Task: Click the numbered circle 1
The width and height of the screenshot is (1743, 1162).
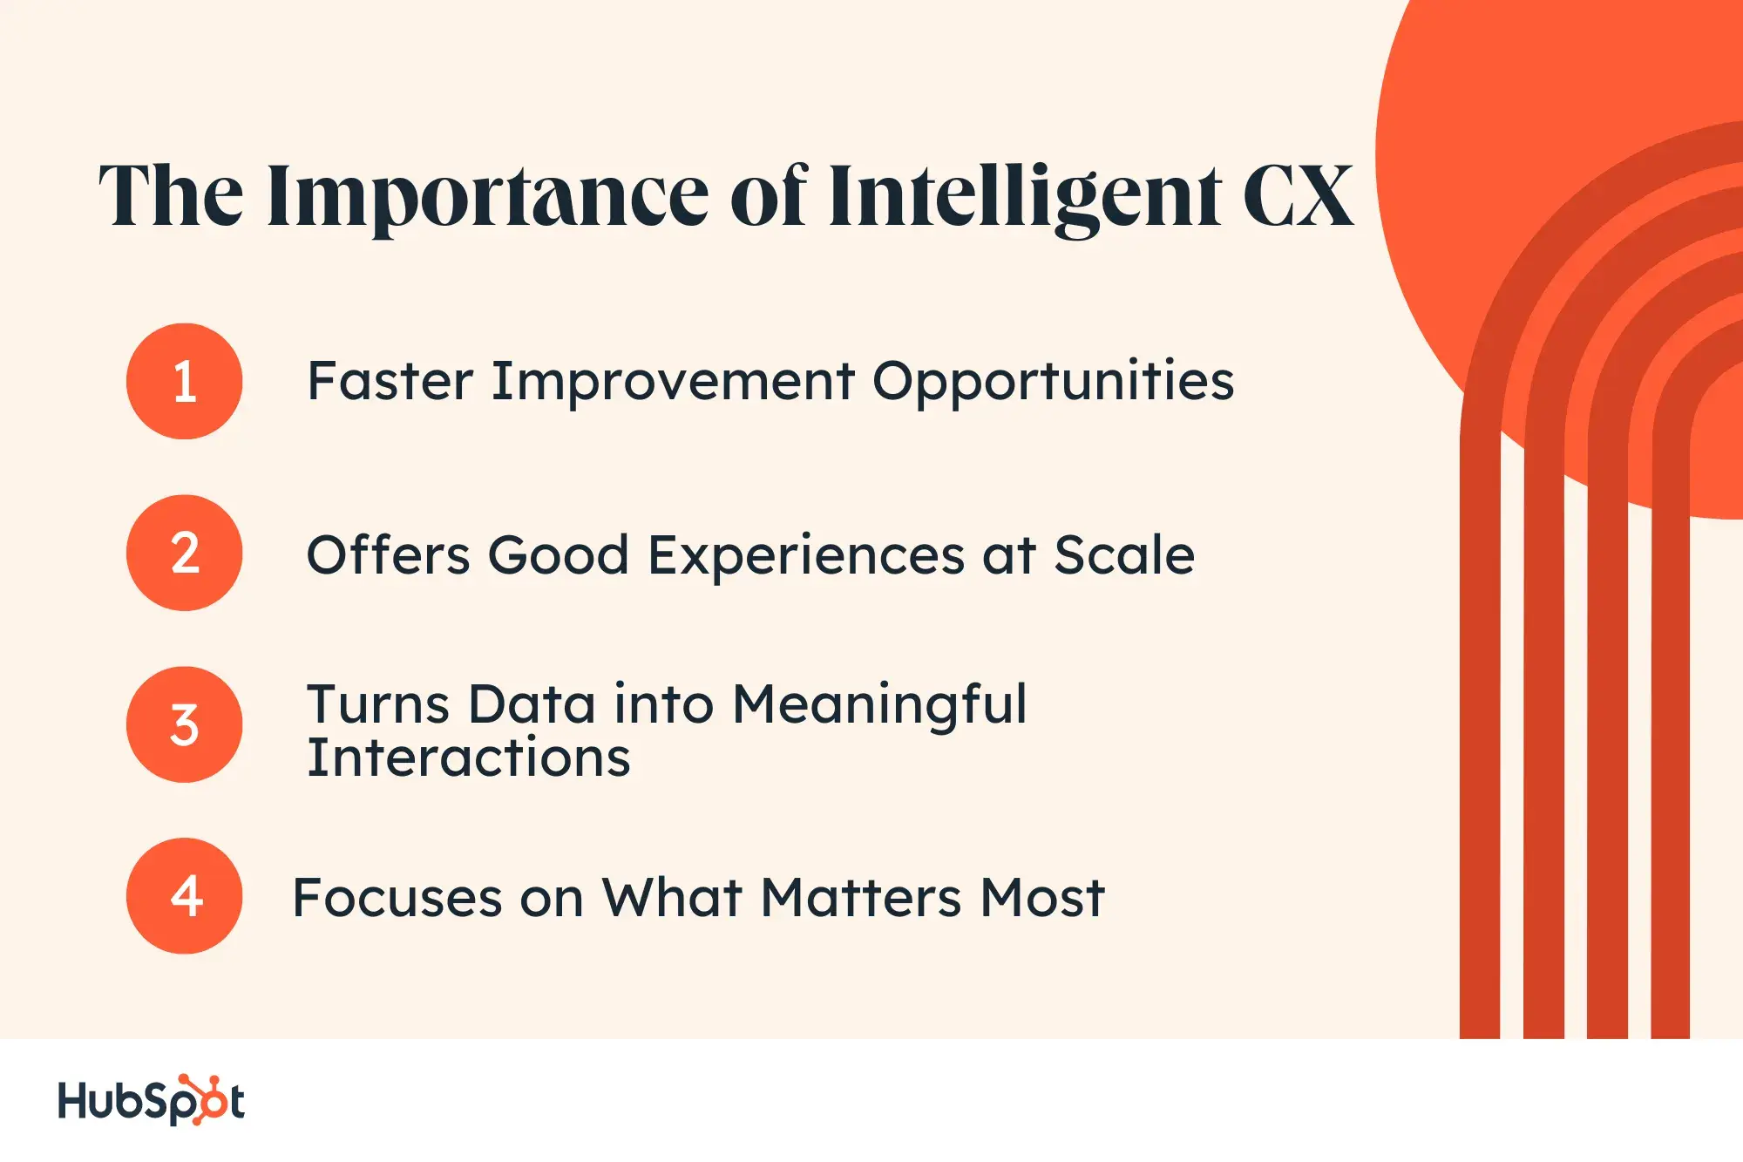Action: (x=184, y=381)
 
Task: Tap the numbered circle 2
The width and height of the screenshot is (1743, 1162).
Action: (x=184, y=553)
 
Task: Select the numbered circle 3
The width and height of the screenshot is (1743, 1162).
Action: (x=184, y=724)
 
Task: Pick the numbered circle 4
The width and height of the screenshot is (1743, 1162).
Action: (x=184, y=896)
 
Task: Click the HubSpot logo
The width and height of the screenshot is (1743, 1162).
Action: (x=151, y=1100)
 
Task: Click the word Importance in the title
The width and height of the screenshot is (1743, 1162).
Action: (x=488, y=200)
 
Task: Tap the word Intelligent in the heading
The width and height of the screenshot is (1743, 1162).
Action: (x=1024, y=200)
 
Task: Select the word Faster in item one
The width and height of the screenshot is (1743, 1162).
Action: (x=390, y=381)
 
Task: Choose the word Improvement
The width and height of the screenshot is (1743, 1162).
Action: (x=673, y=382)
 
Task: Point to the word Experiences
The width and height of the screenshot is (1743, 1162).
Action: (x=806, y=556)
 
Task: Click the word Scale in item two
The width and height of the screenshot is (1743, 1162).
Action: (x=1124, y=554)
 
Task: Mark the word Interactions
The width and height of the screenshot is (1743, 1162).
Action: (x=469, y=758)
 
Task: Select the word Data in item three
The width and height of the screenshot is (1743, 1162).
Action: (x=532, y=704)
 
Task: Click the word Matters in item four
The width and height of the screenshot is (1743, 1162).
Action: (x=860, y=898)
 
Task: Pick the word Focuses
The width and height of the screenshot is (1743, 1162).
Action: (x=397, y=898)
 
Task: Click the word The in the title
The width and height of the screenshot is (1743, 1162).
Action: (x=172, y=196)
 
